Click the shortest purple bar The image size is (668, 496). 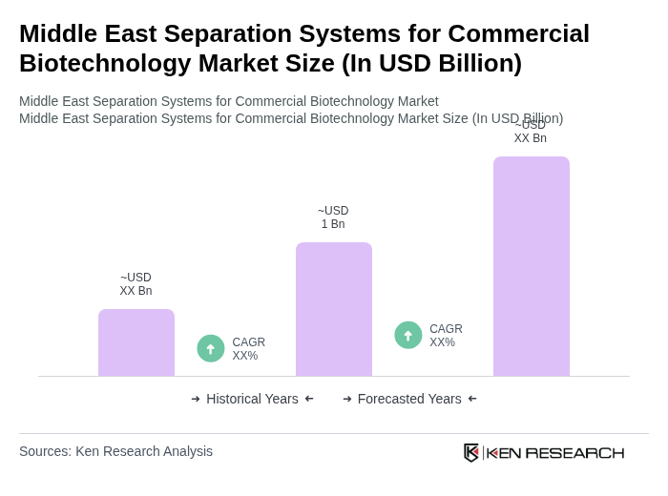click(136, 342)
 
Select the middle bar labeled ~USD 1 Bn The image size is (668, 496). click(334, 309)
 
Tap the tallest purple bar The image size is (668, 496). click(532, 266)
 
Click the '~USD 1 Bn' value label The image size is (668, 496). click(333, 217)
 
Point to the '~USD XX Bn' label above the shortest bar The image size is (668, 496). click(136, 284)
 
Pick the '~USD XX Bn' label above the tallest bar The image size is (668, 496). click(531, 132)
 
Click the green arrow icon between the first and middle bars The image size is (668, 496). click(211, 349)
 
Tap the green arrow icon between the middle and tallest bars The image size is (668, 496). click(408, 336)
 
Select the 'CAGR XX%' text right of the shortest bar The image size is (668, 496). click(248, 349)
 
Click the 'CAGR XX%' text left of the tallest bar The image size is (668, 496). click(446, 336)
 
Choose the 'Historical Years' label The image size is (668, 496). click(252, 399)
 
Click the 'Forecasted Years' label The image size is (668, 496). click(409, 399)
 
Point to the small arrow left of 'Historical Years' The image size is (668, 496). click(196, 399)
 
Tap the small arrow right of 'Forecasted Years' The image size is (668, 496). click(472, 399)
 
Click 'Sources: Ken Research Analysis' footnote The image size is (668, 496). click(115, 451)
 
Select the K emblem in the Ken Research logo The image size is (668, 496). click(471, 452)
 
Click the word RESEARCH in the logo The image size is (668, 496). click(574, 452)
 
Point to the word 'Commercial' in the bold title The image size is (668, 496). click(519, 33)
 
